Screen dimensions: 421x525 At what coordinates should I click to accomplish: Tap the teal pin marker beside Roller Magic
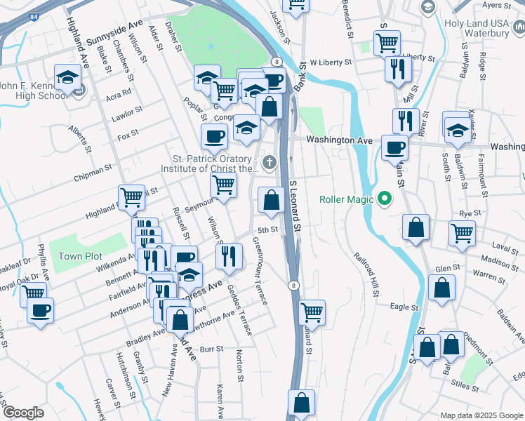click(383, 199)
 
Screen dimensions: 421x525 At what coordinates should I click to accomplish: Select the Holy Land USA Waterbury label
click(484, 27)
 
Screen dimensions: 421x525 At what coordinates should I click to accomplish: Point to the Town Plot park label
click(80, 256)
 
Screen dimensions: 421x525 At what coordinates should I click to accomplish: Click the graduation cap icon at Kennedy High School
click(67, 77)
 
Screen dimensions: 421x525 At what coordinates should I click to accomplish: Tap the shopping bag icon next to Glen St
click(441, 288)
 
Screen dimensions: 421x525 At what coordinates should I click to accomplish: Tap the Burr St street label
click(211, 349)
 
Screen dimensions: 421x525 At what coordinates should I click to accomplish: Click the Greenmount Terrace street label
click(260, 270)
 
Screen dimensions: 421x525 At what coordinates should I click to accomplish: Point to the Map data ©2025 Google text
click(481, 415)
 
